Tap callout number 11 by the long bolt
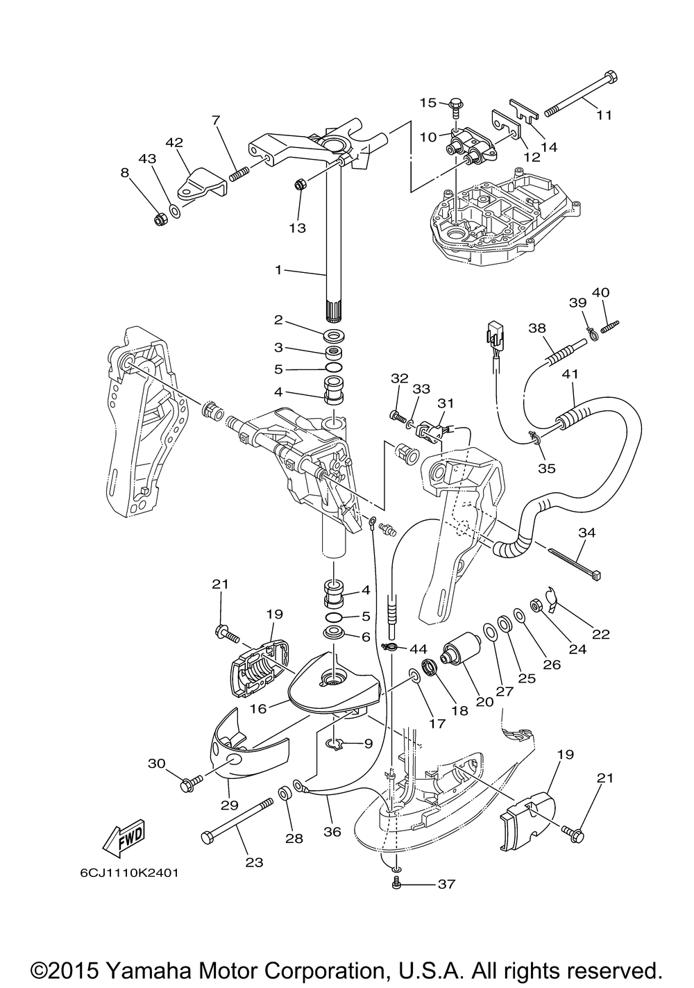604,115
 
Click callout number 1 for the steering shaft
278,269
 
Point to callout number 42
173,143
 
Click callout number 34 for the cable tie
587,533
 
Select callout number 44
417,648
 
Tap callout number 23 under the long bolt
254,862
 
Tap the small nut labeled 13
301,184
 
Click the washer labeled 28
285,793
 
